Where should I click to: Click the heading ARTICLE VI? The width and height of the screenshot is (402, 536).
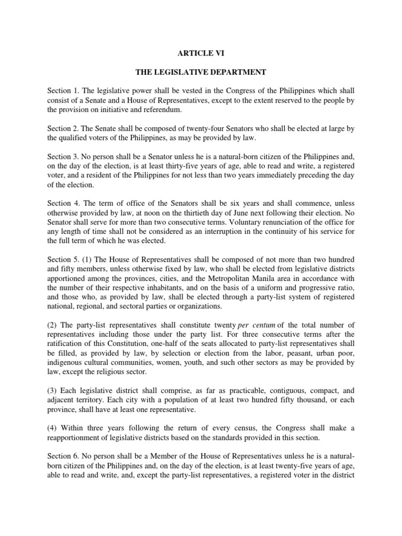tap(200, 52)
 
